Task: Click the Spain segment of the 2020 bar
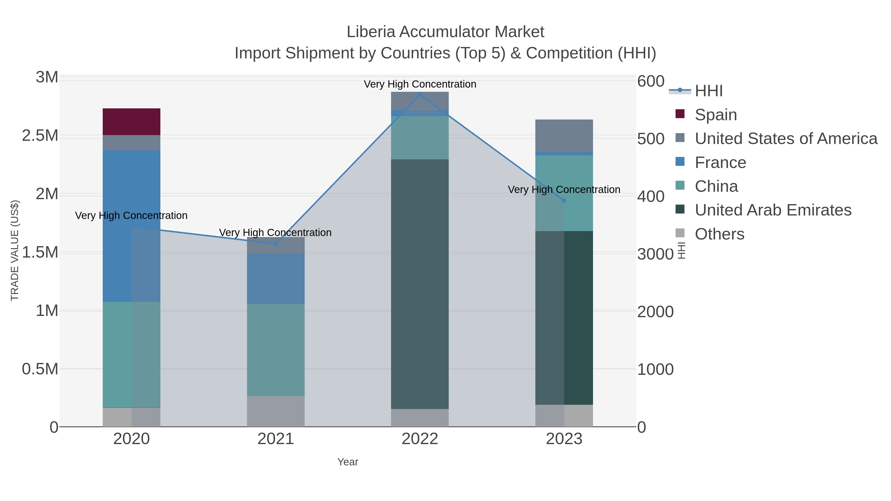[131, 122]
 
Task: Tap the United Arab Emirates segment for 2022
[420, 284]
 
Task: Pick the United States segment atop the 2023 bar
[564, 136]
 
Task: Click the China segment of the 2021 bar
[276, 350]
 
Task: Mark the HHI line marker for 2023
[564, 201]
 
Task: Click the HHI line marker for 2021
[276, 244]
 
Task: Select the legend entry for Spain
[716, 115]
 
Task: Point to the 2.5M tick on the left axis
[40, 136]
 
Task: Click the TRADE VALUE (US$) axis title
[15, 250]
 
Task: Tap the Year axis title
[348, 462]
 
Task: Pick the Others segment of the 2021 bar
[276, 411]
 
